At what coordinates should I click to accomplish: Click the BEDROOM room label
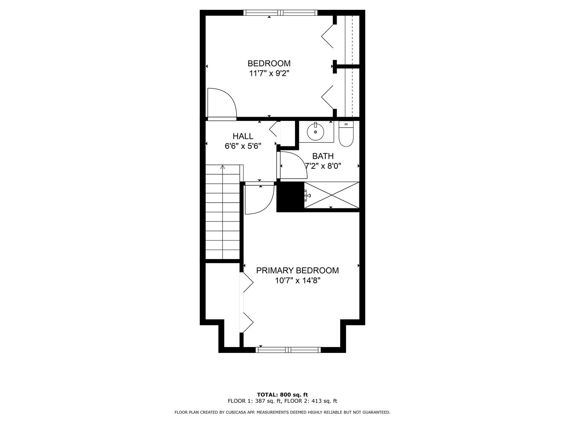click(x=269, y=63)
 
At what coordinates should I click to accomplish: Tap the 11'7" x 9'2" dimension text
click(x=269, y=74)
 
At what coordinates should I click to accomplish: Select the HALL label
click(x=243, y=136)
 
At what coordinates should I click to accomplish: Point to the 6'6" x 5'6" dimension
click(x=243, y=146)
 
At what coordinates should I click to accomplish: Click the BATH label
click(x=323, y=156)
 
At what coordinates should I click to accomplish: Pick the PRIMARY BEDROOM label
click(x=297, y=270)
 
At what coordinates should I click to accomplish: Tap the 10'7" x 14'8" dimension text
click(x=297, y=281)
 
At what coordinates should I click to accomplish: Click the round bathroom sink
click(x=315, y=132)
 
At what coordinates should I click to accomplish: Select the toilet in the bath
click(x=346, y=134)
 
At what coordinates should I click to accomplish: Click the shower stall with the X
click(x=332, y=195)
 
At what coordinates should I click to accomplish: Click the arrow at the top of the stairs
click(x=222, y=167)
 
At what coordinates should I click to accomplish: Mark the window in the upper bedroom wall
click(x=280, y=13)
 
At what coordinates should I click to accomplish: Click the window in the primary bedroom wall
click(x=288, y=349)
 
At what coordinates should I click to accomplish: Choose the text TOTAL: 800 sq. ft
click(x=282, y=395)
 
